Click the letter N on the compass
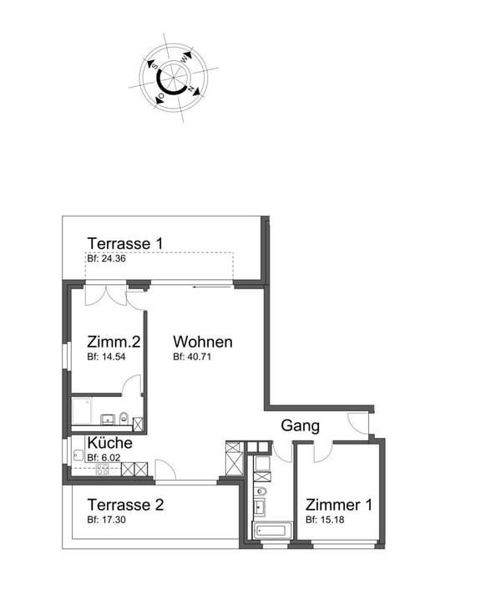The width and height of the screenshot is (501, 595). [x=191, y=89]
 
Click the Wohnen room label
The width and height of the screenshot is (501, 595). [x=202, y=342]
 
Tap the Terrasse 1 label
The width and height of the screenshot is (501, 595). [x=124, y=243]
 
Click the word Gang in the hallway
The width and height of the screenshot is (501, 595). [x=300, y=425]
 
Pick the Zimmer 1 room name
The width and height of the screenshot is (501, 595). [x=338, y=505]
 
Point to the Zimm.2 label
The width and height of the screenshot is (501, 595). [x=113, y=342]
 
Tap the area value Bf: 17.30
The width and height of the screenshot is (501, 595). [x=106, y=520]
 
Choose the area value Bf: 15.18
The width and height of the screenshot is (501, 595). [x=325, y=520]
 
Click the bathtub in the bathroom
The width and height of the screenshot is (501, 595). [x=271, y=530]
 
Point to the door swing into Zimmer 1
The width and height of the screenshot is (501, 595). [x=321, y=451]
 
